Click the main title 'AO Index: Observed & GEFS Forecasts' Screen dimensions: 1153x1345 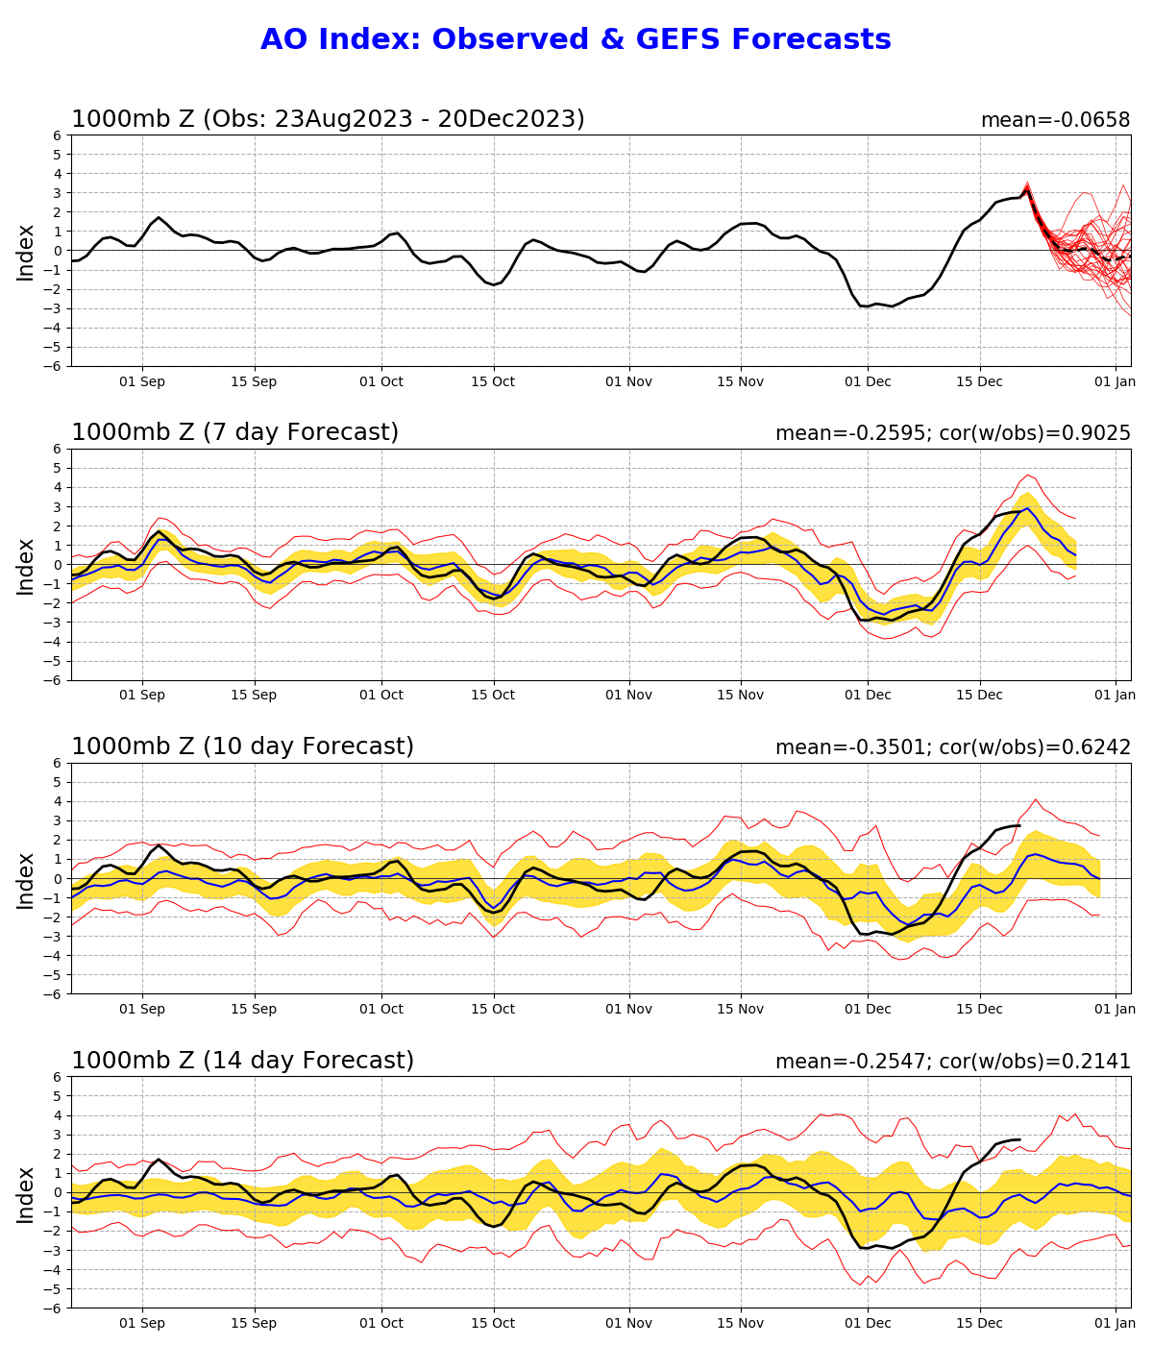click(576, 39)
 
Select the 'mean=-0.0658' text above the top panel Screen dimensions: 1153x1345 click(1055, 120)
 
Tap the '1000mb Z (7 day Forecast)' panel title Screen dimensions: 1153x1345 click(234, 432)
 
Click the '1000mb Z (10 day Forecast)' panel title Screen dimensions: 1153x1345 click(242, 746)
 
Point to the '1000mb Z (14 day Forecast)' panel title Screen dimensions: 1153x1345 click(242, 1061)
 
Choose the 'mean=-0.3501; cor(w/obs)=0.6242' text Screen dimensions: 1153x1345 click(952, 747)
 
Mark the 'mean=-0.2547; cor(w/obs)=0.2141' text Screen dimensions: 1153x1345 click(952, 1062)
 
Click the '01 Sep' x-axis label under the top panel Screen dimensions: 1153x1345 click(142, 382)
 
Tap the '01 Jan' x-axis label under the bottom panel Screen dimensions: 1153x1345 click(1115, 1324)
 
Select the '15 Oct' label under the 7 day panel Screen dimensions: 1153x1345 click(493, 695)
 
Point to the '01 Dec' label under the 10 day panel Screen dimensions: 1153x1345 click(868, 1010)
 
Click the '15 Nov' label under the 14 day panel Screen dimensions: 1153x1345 click(740, 1324)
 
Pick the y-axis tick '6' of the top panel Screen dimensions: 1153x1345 click(58, 135)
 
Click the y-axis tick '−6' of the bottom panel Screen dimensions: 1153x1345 click(54, 1308)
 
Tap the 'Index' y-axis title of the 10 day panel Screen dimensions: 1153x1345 click(25, 881)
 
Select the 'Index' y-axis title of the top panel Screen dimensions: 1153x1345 click(25, 253)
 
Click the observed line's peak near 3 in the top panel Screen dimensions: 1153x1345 click(1026, 189)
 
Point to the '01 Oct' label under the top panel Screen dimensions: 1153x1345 click(380, 382)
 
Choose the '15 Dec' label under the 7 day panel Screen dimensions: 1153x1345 click(979, 695)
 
